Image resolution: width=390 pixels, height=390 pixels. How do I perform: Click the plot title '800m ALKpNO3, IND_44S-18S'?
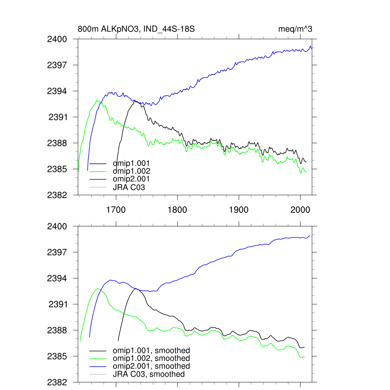(136, 29)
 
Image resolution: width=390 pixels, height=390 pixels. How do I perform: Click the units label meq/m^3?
(296, 29)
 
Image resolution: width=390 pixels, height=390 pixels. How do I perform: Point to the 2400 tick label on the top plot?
(57, 39)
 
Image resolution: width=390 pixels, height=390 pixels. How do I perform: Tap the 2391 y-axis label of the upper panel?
(58, 117)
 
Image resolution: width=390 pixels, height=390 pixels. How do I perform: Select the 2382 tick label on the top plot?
(57, 195)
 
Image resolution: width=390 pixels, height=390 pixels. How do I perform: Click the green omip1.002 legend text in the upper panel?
(131, 171)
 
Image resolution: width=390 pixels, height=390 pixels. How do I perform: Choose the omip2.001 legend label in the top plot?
(131, 179)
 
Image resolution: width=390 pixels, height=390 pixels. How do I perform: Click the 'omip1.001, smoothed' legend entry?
(151, 350)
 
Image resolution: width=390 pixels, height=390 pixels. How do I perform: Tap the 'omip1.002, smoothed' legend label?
(151, 358)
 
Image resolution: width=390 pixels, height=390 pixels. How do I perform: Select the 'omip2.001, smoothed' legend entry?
(151, 366)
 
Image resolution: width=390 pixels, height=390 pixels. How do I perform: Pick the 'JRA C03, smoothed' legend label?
(149, 374)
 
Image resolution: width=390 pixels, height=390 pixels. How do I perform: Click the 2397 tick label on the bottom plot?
(57, 252)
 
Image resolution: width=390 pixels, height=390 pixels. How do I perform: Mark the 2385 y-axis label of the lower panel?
(57, 356)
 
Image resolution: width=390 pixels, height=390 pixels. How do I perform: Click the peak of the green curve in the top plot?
(97, 101)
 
